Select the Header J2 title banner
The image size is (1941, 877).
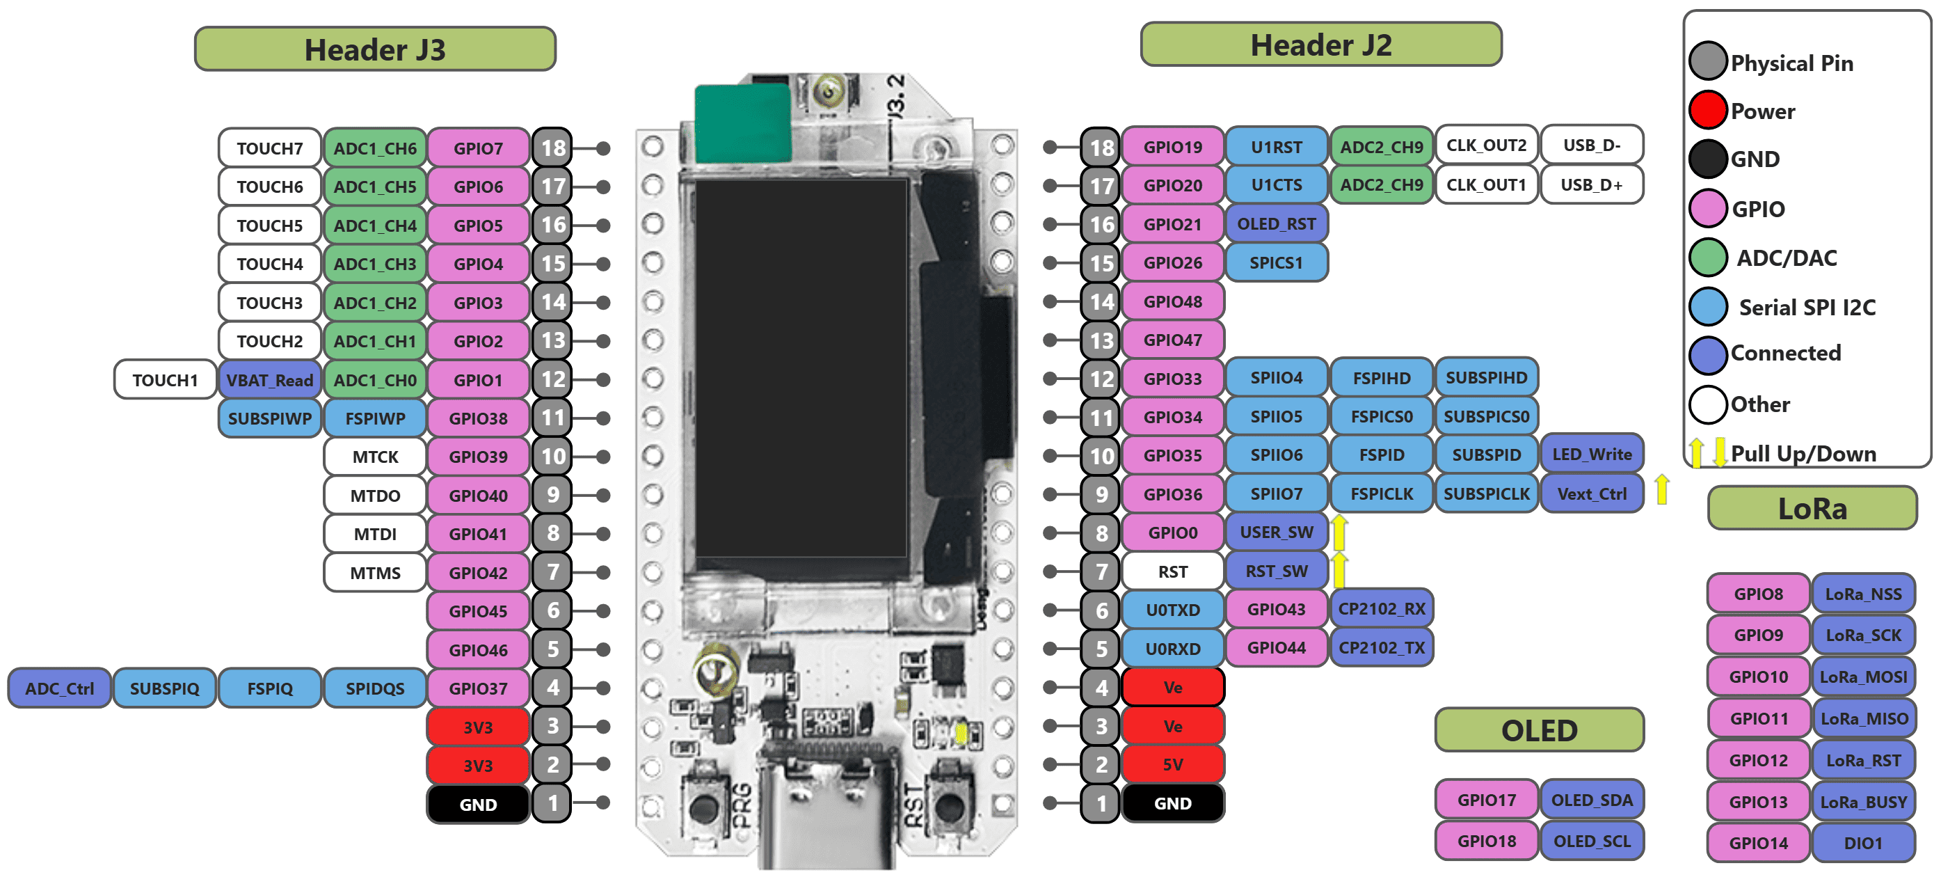(x=1320, y=45)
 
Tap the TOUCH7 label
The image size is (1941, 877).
(x=270, y=148)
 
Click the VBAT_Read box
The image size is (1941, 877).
(x=270, y=380)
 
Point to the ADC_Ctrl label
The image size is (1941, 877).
(x=60, y=688)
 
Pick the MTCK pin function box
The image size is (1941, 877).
(x=375, y=457)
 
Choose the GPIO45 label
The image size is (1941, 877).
(x=478, y=612)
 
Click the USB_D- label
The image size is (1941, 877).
(x=1591, y=145)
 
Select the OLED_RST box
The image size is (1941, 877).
(x=1277, y=224)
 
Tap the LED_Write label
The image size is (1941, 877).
(x=1591, y=455)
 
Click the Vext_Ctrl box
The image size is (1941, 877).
(x=1591, y=494)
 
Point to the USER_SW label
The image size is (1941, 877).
(x=1277, y=532)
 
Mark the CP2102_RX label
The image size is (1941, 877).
(x=1381, y=609)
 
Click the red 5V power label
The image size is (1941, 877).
(x=1172, y=765)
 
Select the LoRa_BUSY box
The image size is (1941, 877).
(x=1862, y=803)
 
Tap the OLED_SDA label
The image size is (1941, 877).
(x=1591, y=800)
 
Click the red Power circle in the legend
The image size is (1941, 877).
(x=1707, y=110)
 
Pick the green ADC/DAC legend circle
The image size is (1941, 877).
(x=1707, y=257)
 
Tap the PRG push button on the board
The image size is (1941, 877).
(x=703, y=807)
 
